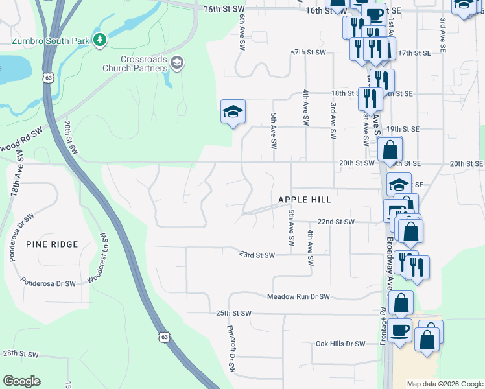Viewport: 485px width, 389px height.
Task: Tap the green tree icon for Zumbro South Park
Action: coord(99,41)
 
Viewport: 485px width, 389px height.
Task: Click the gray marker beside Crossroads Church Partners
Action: coord(178,62)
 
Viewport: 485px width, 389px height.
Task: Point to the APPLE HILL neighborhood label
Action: coord(305,200)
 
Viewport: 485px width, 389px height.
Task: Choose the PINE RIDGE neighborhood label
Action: coord(52,244)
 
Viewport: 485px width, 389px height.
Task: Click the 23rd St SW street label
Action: coord(257,255)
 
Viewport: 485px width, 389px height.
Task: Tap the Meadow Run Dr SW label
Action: coord(298,297)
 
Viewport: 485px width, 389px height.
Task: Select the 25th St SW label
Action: coord(233,313)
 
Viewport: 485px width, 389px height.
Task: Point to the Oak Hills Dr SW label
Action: coord(340,344)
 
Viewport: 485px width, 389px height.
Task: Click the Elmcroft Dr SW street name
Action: coord(230,349)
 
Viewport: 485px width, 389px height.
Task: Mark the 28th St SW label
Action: coord(21,354)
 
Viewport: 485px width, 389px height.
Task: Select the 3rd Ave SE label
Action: coord(443,34)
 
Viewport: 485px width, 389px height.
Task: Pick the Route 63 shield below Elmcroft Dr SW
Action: coord(164,337)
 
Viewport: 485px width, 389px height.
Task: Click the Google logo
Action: coord(21,381)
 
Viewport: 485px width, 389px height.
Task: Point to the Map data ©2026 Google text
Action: coord(444,384)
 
